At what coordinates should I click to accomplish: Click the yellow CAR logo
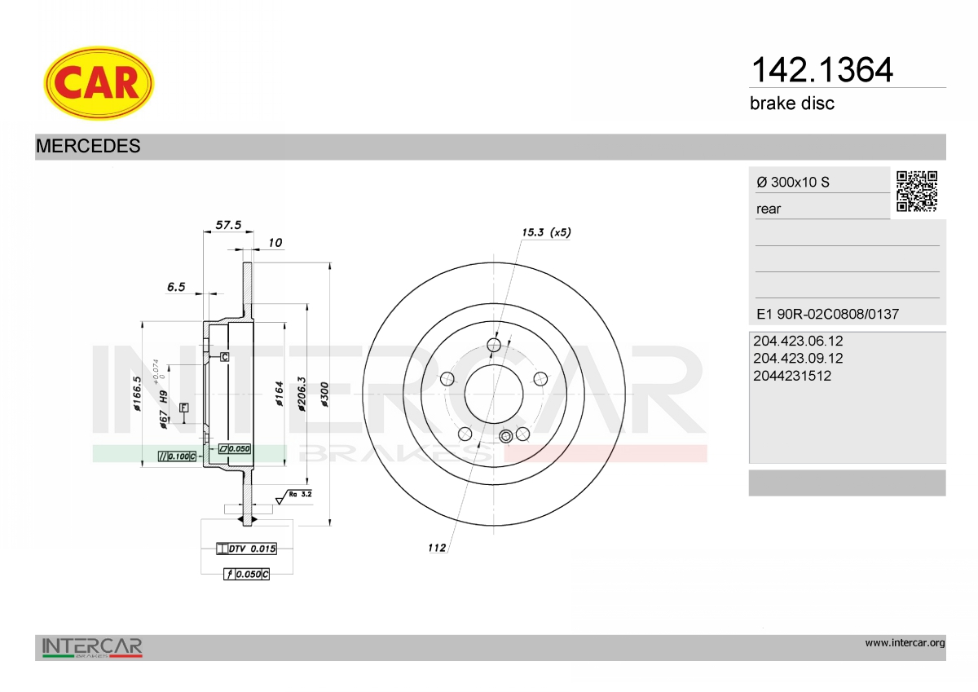click(x=99, y=83)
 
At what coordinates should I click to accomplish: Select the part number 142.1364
click(x=822, y=70)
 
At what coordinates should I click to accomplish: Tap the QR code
click(x=917, y=192)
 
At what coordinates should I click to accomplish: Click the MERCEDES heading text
click(x=88, y=146)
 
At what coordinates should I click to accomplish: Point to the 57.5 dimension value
click(x=228, y=224)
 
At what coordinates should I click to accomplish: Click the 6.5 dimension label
click(x=176, y=286)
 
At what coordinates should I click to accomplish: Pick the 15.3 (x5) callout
click(x=546, y=231)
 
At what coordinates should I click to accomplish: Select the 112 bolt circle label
click(x=437, y=548)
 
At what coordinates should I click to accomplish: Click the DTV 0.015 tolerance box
click(x=247, y=549)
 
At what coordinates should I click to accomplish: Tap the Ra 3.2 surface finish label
click(x=301, y=494)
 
